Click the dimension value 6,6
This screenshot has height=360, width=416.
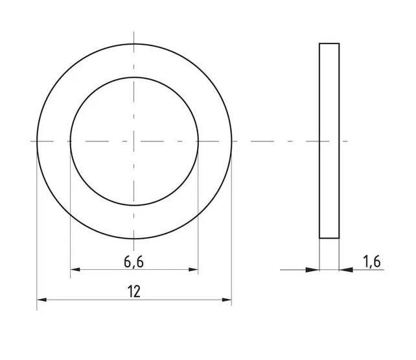tap(133, 262)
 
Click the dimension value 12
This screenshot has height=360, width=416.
tap(134, 291)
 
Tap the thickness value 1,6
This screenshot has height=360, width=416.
tap(372, 261)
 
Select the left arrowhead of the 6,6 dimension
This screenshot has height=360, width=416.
tap(75, 269)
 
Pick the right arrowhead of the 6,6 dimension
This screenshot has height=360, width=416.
tap(193, 269)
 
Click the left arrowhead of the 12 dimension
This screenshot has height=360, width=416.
tap(41, 300)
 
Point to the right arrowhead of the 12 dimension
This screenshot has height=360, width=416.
tap(227, 300)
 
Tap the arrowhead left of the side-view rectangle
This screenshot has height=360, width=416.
tap(312, 270)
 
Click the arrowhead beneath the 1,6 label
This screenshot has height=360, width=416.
tap(346, 270)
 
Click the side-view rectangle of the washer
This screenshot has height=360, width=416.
tap(329, 141)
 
